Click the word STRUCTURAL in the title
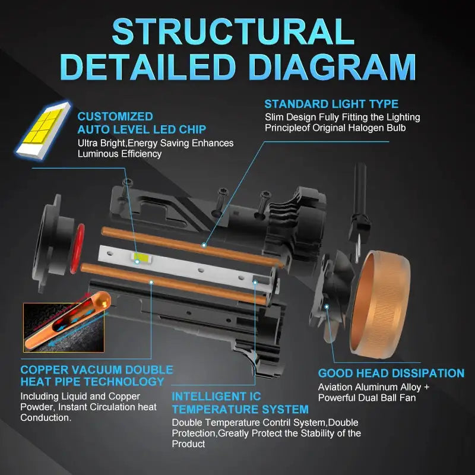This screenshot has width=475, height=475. point(233,31)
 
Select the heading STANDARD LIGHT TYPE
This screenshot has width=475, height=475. point(331,104)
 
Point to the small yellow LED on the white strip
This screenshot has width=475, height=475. point(142,258)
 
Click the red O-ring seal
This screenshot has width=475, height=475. point(78,248)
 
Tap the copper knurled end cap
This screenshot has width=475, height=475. point(381,303)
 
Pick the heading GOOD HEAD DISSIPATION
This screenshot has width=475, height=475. point(391,373)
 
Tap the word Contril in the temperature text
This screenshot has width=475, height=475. point(276,422)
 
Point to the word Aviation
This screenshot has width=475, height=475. point(337,387)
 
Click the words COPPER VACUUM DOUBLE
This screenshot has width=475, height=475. point(97,370)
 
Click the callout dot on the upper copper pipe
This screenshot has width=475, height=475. point(204,245)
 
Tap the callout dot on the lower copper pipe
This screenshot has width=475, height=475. point(151,283)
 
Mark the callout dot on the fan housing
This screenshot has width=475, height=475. point(327,307)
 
